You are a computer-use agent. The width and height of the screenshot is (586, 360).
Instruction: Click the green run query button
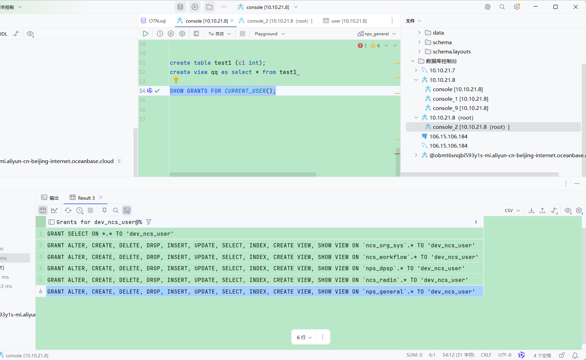pos(146,34)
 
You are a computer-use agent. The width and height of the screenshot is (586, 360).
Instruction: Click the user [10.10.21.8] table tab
pos(345,21)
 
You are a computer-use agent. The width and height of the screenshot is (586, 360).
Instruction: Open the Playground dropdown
pos(270,34)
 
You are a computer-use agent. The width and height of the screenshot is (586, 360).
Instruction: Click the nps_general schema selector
pos(376,34)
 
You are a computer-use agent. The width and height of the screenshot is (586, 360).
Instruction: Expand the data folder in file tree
pos(419,33)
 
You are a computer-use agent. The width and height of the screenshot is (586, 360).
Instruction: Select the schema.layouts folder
pos(451,51)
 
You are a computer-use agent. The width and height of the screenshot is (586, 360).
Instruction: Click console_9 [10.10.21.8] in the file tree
pos(460,108)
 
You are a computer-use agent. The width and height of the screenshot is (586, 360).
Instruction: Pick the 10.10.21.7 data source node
pos(442,70)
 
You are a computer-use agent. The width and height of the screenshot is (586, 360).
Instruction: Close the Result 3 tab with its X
pos(101,198)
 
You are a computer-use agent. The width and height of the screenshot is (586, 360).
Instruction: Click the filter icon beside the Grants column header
pos(149,222)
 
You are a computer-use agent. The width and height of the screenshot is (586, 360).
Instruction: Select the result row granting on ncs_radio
pos(258,280)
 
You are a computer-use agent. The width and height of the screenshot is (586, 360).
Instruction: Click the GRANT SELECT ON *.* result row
pos(110,234)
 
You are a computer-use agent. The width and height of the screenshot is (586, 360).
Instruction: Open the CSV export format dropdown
pos(512,210)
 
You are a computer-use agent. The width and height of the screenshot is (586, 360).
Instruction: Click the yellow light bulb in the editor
pos(176,80)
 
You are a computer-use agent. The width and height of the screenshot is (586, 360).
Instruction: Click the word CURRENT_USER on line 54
pos(245,91)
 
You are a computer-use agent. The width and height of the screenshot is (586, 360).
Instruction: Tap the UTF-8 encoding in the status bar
pos(504,355)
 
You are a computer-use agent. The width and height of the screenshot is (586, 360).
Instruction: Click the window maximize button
pos(556,7)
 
